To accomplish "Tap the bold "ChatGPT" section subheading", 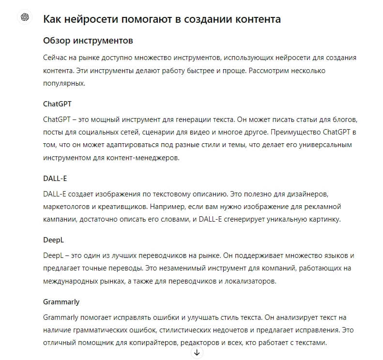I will click(58, 104).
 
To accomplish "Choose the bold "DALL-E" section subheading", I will click(55, 178).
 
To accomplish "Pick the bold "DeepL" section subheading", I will click(53, 240).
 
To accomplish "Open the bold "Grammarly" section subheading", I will click(61, 301).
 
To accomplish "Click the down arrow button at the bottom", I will click(197, 353).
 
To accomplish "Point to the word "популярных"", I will click(64, 83).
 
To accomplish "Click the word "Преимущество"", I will click(292, 132).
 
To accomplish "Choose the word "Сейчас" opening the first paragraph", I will click(55, 58).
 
